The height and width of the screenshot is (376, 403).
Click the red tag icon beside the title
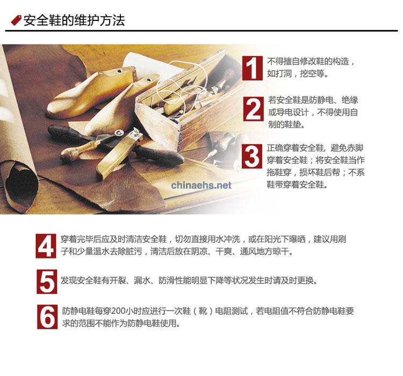click(x=16, y=20)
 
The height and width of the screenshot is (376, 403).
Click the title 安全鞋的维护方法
click(x=74, y=20)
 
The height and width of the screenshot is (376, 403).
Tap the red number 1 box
click(x=252, y=68)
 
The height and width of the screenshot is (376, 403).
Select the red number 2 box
click(x=253, y=109)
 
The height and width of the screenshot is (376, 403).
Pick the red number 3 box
click(x=252, y=156)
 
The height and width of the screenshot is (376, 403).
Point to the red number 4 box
click(x=46, y=246)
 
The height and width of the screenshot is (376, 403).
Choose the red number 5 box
click(x=47, y=282)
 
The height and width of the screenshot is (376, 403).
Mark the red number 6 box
click(x=47, y=317)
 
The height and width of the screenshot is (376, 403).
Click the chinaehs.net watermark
click(x=201, y=185)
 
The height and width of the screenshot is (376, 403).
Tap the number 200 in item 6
click(x=119, y=311)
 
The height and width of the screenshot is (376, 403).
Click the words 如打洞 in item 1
click(x=279, y=74)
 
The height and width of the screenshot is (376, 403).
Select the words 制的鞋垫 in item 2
click(x=284, y=124)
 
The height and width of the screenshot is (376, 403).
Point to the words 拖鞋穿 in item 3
click(x=279, y=172)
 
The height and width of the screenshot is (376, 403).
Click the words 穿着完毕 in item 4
click(x=77, y=239)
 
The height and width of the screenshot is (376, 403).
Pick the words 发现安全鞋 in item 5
click(x=81, y=281)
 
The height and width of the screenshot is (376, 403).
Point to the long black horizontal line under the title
click(x=201, y=31)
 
